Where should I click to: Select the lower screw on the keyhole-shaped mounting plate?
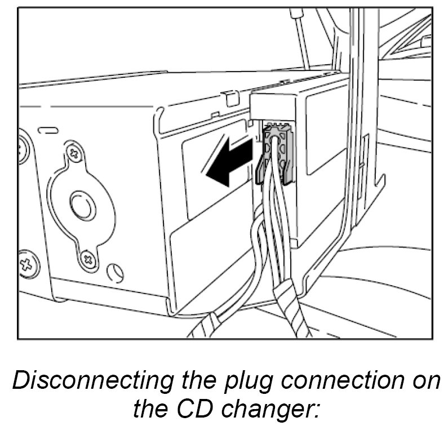click(x=87, y=258)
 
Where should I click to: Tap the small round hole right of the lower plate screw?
click(x=116, y=272)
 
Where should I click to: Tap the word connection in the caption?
click(x=333, y=382)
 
